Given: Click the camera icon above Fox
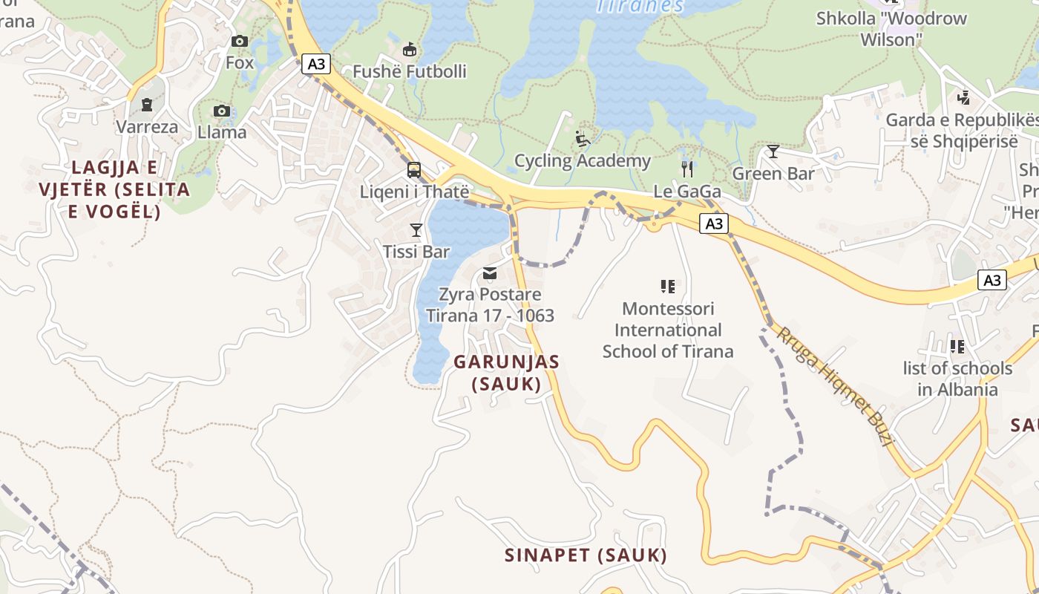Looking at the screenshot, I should [x=240, y=42].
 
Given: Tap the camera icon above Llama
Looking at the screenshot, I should [x=221, y=111].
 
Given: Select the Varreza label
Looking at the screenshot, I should [x=147, y=127].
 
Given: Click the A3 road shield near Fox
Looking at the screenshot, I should [x=316, y=64].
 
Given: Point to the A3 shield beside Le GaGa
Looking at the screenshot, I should [x=713, y=223].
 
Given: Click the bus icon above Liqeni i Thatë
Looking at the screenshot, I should [x=414, y=170].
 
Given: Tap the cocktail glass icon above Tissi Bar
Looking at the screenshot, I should [x=416, y=230].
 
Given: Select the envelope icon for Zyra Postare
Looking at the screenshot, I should [x=490, y=273].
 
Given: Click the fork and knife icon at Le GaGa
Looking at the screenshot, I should [x=686, y=169].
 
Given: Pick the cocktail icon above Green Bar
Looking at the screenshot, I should [x=773, y=152].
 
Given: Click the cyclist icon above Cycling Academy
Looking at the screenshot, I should [x=583, y=139].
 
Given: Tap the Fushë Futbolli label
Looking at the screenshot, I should [x=409, y=71].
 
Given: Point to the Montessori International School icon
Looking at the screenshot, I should [x=667, y=287].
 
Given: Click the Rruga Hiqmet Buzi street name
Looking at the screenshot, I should [x=834, y=385].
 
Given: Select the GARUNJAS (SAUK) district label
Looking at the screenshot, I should [x=506, y=373].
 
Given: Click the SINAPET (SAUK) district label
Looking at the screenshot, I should [x=586, y=555].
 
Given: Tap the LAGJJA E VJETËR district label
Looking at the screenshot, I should [x=114, y=189].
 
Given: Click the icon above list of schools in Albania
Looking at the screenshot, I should [x=957, y=347].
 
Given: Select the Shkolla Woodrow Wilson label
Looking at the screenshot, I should [x=891, y=28].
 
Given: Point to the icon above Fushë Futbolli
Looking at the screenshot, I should [x=409, y=50].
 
